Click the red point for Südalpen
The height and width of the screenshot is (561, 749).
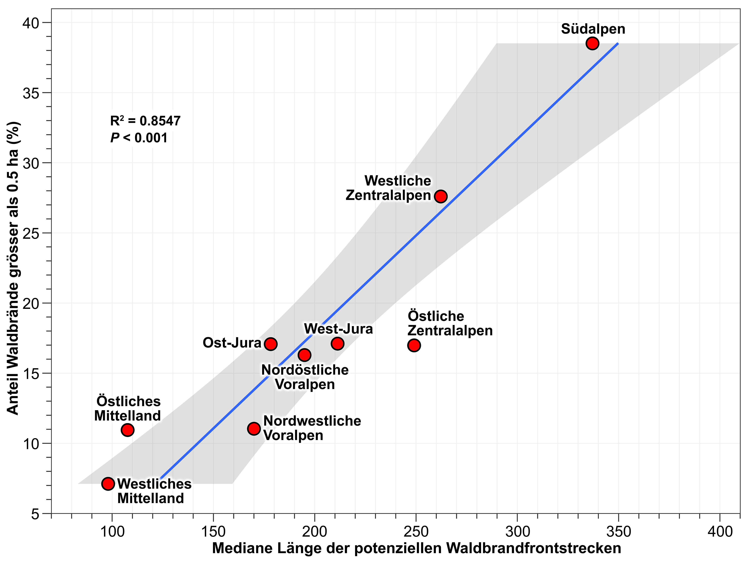tap(592, 43)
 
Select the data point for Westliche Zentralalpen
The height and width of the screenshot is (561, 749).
tap(441, 196)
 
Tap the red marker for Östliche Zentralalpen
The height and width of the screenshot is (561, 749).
tap(414, 345)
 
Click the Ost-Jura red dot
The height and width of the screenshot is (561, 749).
tap(271, 344)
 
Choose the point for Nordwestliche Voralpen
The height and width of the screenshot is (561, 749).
tap(254, 428)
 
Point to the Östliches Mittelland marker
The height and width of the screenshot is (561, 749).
tap(127, 430)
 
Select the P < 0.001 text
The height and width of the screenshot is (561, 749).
tap(139, 138)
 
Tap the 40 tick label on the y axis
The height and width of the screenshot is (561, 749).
tap(31, 23)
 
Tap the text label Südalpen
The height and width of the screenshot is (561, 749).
tap(593, 29)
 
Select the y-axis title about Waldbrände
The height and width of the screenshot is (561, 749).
tap(13, 268)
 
